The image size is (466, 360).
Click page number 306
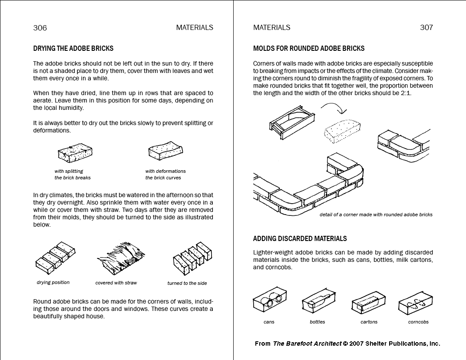(x=40, y=28)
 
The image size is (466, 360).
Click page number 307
(x=426, y=27)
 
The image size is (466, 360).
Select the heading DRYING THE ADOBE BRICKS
(x=73, y=49)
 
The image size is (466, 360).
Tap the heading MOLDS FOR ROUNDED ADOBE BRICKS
(x=309, y=49)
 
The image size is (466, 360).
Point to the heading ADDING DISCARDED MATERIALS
(x=300, y=238)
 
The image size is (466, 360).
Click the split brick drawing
(x=75, y=153)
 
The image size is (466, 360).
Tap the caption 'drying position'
(x=53, y=283)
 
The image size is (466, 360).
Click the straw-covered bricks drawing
(x=120, y=258)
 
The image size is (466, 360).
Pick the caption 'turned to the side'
(x=187, y=283)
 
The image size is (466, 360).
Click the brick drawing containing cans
(x=270, y=301)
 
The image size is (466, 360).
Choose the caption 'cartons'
(x=369, y=322)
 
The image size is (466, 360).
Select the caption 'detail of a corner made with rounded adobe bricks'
(x=376, y=215)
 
